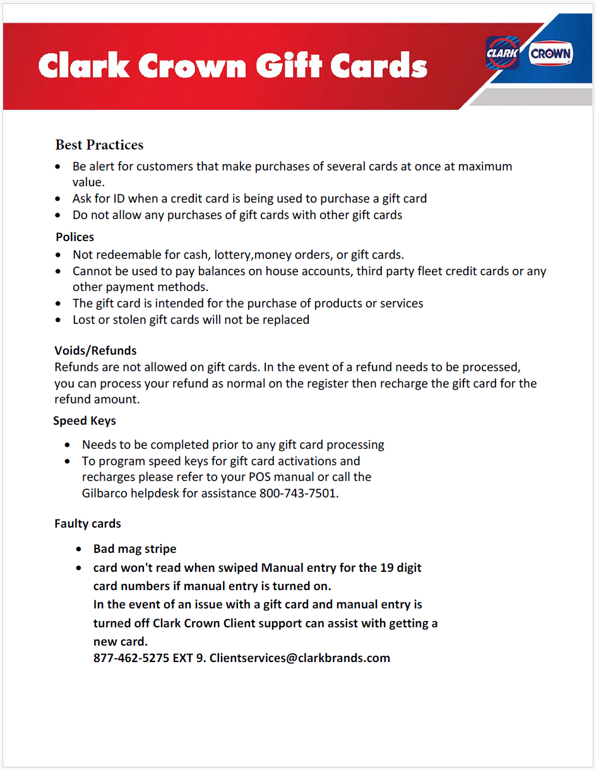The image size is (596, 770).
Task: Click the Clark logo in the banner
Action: coord(502,53)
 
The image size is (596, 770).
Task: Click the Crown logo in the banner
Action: coord(551,54)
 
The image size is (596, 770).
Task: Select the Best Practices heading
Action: coord(99,145)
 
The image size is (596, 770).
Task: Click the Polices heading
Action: coord(74,237)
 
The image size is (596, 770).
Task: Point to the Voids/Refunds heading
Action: coord(95,351)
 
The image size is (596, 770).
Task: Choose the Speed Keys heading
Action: coord(85,421)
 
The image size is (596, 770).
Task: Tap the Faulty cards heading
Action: coord(88,524)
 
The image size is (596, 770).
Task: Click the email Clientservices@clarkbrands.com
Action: coord(300,658)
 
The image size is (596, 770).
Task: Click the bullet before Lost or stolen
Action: coord(59,321)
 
